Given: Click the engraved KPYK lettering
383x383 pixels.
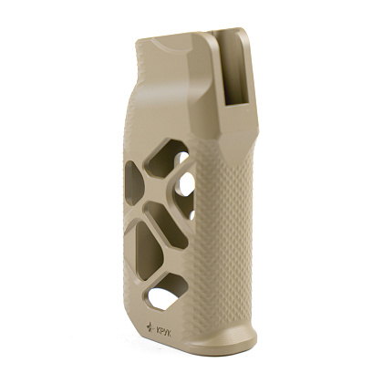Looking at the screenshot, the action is tap(163, 332).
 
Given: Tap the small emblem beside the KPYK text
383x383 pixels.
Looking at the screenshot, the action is tap(150, 326).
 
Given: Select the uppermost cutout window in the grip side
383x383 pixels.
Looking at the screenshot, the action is tap(166, 158).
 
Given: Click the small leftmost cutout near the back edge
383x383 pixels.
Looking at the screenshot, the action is tap(133, 183).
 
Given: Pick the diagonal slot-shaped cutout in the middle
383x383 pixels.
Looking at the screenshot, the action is tap(166, 224).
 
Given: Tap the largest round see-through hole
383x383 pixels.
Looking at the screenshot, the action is tap(187, 183).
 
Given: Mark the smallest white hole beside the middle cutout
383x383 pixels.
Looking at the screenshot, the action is tap(191, 215).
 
